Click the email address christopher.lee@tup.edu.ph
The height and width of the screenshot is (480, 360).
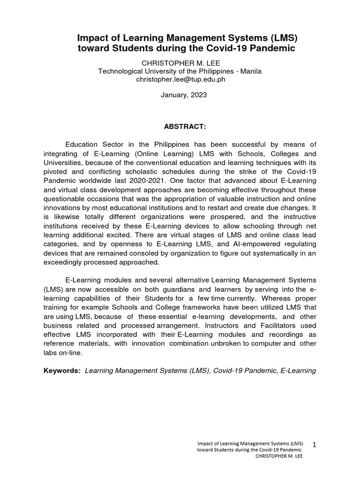pos(180,79)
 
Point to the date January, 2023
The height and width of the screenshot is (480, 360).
pos(180,95)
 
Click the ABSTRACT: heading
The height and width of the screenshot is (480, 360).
pos(180,126)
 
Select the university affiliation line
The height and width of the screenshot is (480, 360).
pos(180,71)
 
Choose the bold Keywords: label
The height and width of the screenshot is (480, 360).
pos(62,370)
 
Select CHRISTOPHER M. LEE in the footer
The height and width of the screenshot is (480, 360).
pos(281,457)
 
